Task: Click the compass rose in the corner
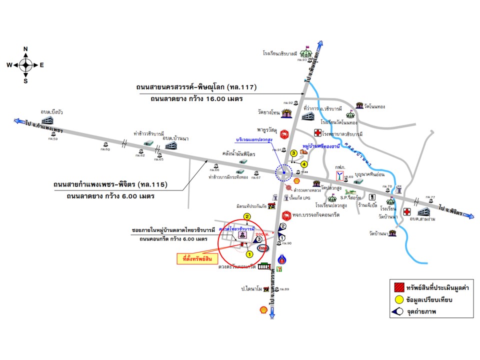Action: [x=25, y=64]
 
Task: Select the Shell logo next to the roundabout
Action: [x=296, y=180]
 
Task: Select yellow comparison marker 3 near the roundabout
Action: [x=294, y=152]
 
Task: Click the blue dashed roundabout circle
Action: [x=283, y=172]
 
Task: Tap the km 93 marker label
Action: [x=301, y=59]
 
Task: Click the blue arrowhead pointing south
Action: [x=272, y=313]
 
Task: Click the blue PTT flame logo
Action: [x=282, y=260]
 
